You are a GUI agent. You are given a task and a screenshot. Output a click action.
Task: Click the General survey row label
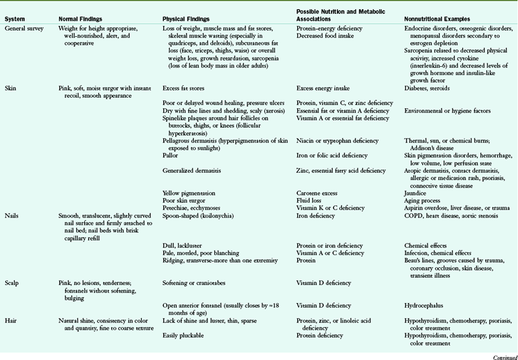pyautogui.click(x=24, y=29)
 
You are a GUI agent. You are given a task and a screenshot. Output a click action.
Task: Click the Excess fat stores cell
pyautogui.click(x=186, y=87)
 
